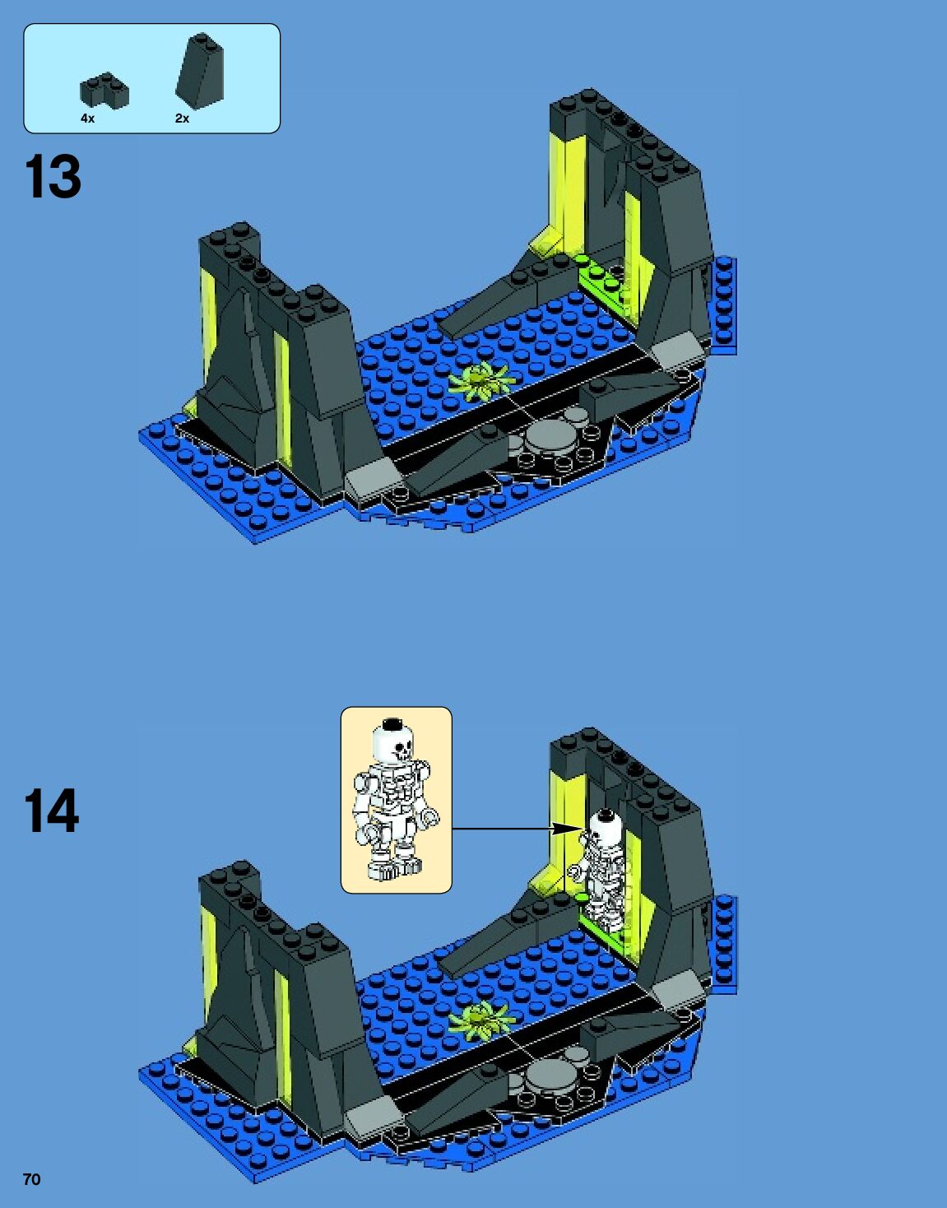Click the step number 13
(53, 177)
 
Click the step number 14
(51, 811)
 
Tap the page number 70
(31, 1179)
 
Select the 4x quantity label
(87, 118)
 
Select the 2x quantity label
(182, 118)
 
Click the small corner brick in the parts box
(104, 91)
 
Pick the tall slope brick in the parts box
(200, 72)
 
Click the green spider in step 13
(482, 381)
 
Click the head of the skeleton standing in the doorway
(603, 825)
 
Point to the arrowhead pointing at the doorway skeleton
(567, 829)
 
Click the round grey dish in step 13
(551, 437)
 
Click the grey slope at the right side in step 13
(679, 352)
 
